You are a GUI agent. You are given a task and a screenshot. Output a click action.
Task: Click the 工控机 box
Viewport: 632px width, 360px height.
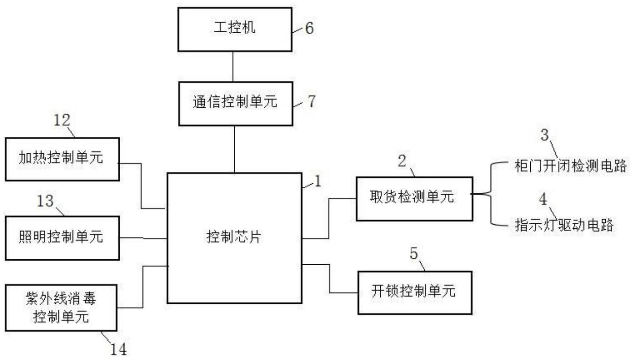click(235, 29)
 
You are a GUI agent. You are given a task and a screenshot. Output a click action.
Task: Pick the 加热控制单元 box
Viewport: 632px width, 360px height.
click(62, 158)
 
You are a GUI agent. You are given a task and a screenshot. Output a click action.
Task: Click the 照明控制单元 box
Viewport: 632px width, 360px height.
click(62, 238)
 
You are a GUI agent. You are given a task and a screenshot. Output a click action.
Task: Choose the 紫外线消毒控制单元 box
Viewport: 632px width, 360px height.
click(62, 308)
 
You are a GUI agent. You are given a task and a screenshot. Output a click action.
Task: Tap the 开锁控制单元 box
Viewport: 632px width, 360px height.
click(415, 292)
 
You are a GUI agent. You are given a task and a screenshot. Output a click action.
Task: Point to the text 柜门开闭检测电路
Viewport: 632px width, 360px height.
click(571, 166)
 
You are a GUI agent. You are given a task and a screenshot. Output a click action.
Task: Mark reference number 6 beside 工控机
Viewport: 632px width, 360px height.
click(309, 29)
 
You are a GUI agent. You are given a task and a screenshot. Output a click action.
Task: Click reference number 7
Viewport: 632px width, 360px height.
click(312, 102)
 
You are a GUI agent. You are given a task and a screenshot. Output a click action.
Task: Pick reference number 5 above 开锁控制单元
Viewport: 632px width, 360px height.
click(413, 255)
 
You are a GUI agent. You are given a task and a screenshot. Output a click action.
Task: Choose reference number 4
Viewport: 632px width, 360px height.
click(543, 200)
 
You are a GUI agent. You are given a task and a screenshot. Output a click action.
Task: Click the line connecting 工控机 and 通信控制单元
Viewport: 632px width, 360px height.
click(234, 66)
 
